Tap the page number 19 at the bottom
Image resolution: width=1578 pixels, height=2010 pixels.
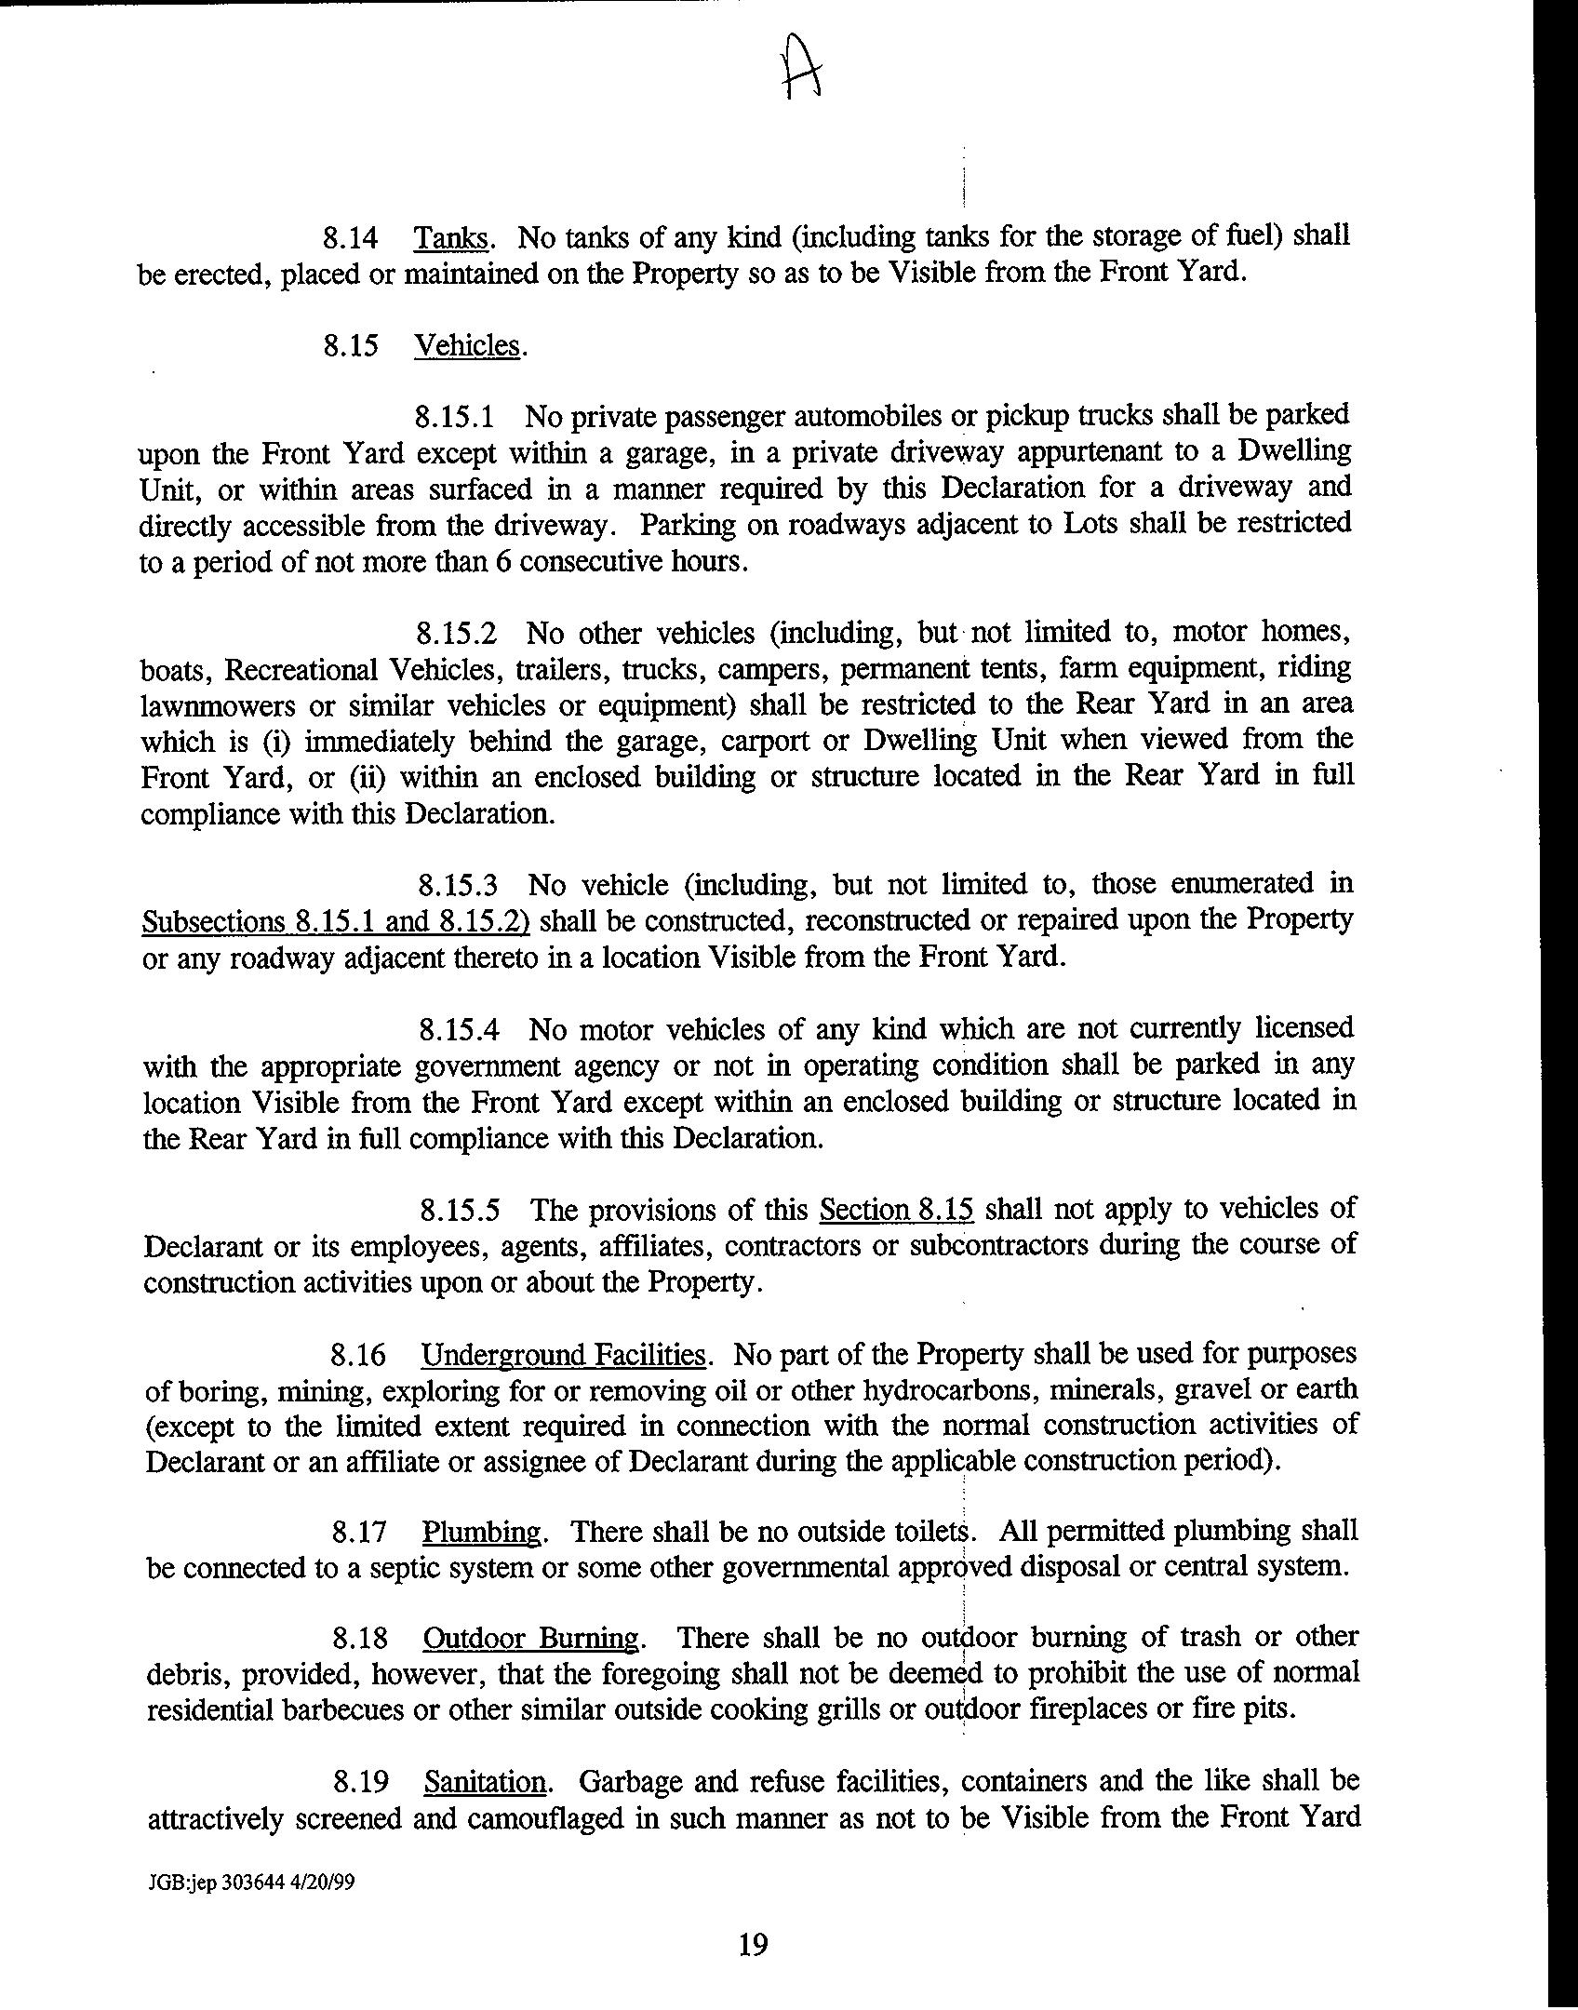pyautogui.click(x=753, y=1944)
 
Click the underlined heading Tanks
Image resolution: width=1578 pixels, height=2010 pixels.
pyautogui.click(x=450, y=239)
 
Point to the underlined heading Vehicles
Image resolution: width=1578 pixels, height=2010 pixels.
pyautogui.click(x=466, y=346)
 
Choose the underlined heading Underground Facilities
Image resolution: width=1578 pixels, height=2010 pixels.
pyautogui.click(x=563, y=1355)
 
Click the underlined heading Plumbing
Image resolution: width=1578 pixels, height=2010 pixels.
pyautogui.click(x=481, y=1532)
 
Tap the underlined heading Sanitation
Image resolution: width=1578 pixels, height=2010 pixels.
pyautogui.click(x=484, y=1782)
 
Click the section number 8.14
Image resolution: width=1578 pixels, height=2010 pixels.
pyautogui.click(x=351, y=239)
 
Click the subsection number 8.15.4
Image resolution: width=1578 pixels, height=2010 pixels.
pyautogui.click(x=460, y=1031)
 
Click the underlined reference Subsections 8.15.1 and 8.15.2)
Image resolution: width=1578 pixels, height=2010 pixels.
pyautogui.click(x=335, y=921)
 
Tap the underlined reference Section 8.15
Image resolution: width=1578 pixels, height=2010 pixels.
pyautogui.click(x=896, y=1210)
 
